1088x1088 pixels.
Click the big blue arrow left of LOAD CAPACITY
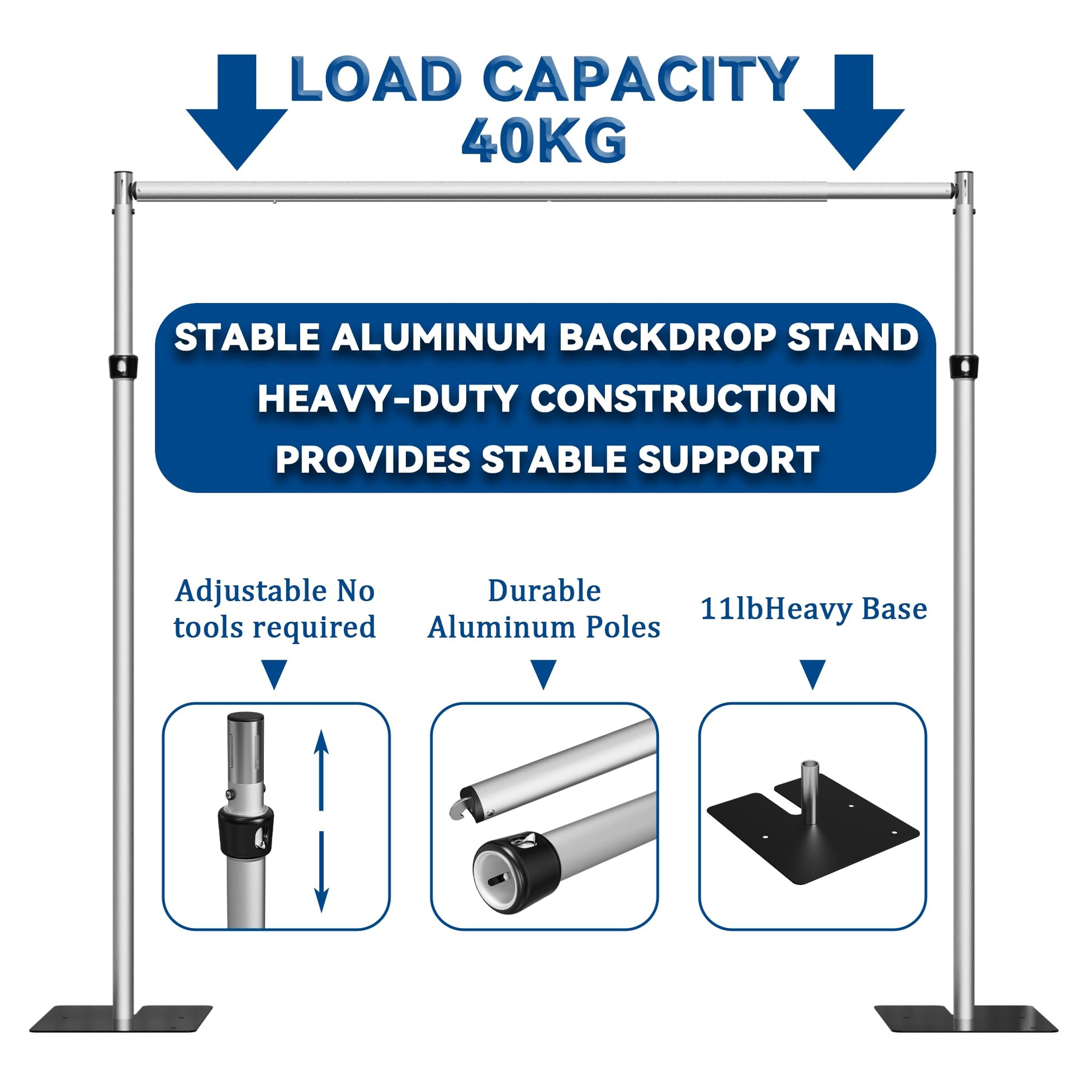pos(236,112)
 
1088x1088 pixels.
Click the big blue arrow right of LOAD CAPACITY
pos(853,112)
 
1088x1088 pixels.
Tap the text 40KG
pos(544,140)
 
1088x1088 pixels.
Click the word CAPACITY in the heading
pos(641,79)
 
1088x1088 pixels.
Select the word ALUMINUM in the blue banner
pos(439,337)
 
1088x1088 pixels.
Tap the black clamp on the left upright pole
pos(123,367)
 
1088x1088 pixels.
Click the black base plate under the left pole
pos(121,1018)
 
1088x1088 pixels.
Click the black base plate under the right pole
pos(966,1018)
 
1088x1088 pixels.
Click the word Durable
pos(544,592)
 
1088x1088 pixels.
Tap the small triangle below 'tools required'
pos(275,675)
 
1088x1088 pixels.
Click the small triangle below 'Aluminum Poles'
pos(543,675)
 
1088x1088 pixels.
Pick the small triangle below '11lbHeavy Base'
pos(812,675)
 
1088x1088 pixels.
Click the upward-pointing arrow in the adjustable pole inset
pos(321,769)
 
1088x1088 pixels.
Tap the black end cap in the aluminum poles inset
pos(515,871)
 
